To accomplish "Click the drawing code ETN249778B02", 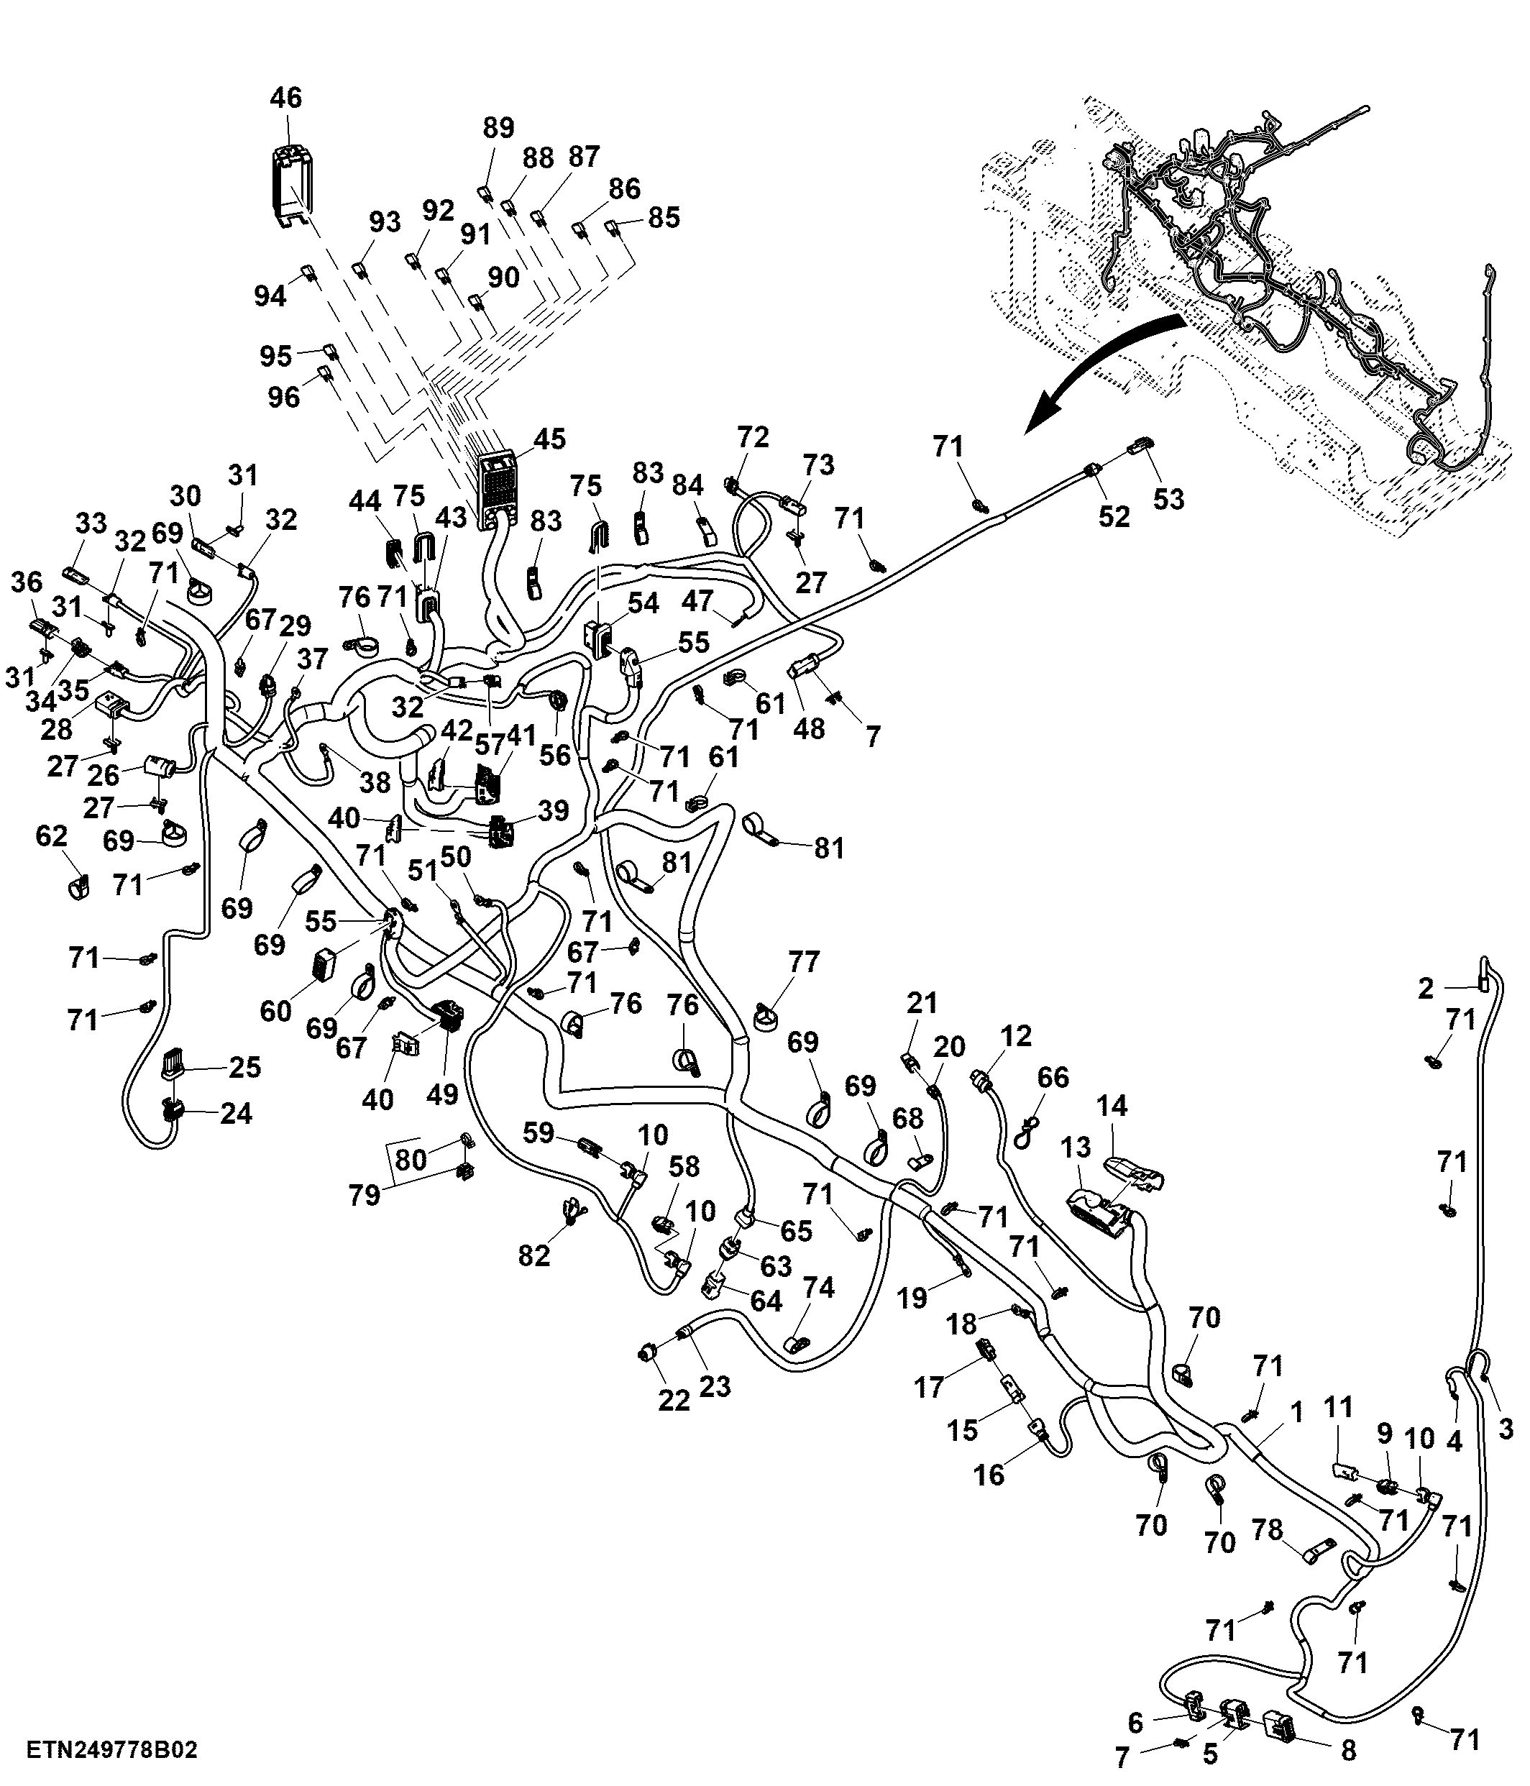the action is coord(112,1751).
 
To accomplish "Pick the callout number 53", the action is coord(1169,499).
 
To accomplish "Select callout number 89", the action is coord(498,127).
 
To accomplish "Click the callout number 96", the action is coord(283,398).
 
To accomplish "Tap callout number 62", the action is coord(52,835).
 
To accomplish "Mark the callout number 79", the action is coord(365,1195).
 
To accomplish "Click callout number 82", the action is coord(533,1255).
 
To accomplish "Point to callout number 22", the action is coord(674,1401).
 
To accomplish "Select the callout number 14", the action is coord(1112,1105).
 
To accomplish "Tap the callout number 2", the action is coord(1426,989).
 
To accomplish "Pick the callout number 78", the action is coord(1267,1529).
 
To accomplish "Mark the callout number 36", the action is coord(27,582).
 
